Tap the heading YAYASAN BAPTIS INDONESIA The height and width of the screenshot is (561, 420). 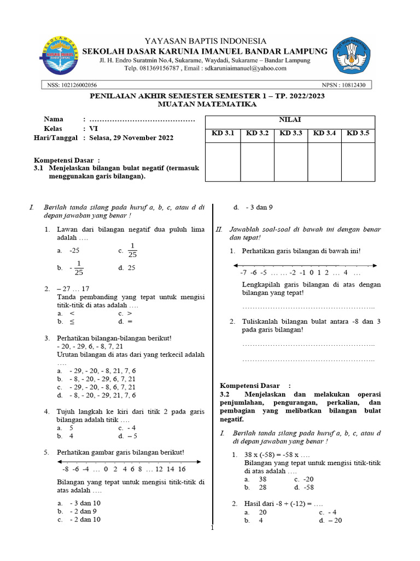click(205, 41)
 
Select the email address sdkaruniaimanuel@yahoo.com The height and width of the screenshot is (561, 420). click(243, 68)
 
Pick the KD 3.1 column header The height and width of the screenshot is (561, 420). click(223, 133)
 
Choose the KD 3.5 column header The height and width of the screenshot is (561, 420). click(358, 133)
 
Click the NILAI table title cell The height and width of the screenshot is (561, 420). click(290, 119)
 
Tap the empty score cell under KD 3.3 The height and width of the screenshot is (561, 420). click(290, 162)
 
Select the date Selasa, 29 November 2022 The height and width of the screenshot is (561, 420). click(132, 138)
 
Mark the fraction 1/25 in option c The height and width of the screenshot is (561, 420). click(132, 249)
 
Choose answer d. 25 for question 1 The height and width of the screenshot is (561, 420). click(126, 268)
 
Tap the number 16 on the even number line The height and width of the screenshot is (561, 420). click(182, 469)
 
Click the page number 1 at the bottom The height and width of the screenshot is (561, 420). click(213, 528)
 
